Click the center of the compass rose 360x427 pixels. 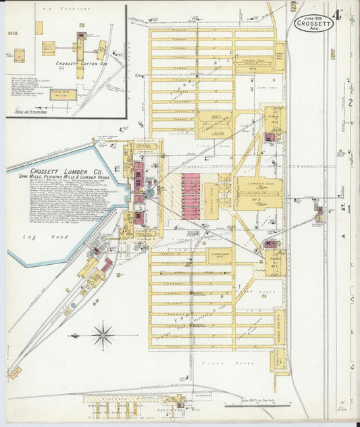pyautogui.click(x=103, y=334)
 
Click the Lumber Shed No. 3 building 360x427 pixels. pyautogui.click(x=259, y=192)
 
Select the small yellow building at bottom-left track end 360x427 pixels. pyautogui.click(x=16, y=372)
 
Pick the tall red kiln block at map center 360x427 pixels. pyautogui.click(x=191, y=193)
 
